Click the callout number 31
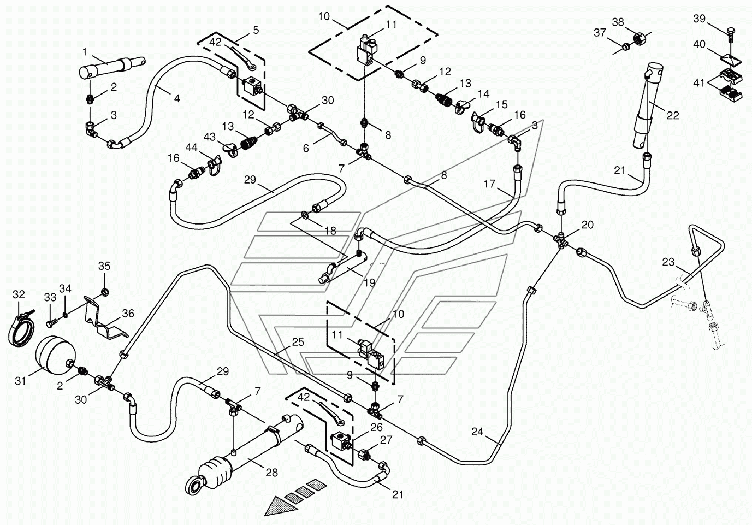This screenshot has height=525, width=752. (x=20, y=381)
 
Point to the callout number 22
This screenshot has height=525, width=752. (x=673, y=116)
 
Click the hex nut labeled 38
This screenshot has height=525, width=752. (x=638, y=38)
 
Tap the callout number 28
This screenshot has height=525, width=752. (x=271, y=473)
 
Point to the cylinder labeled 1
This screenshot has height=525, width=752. (x=112, y=67)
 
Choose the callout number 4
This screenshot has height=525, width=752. (x=177, y=98)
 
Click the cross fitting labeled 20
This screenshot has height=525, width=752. (x=561, y=240)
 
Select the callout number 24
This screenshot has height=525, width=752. (x=477, y=432)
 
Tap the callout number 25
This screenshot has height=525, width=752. (x=298, y=342)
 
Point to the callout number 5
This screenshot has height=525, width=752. (x=256, y=30)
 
